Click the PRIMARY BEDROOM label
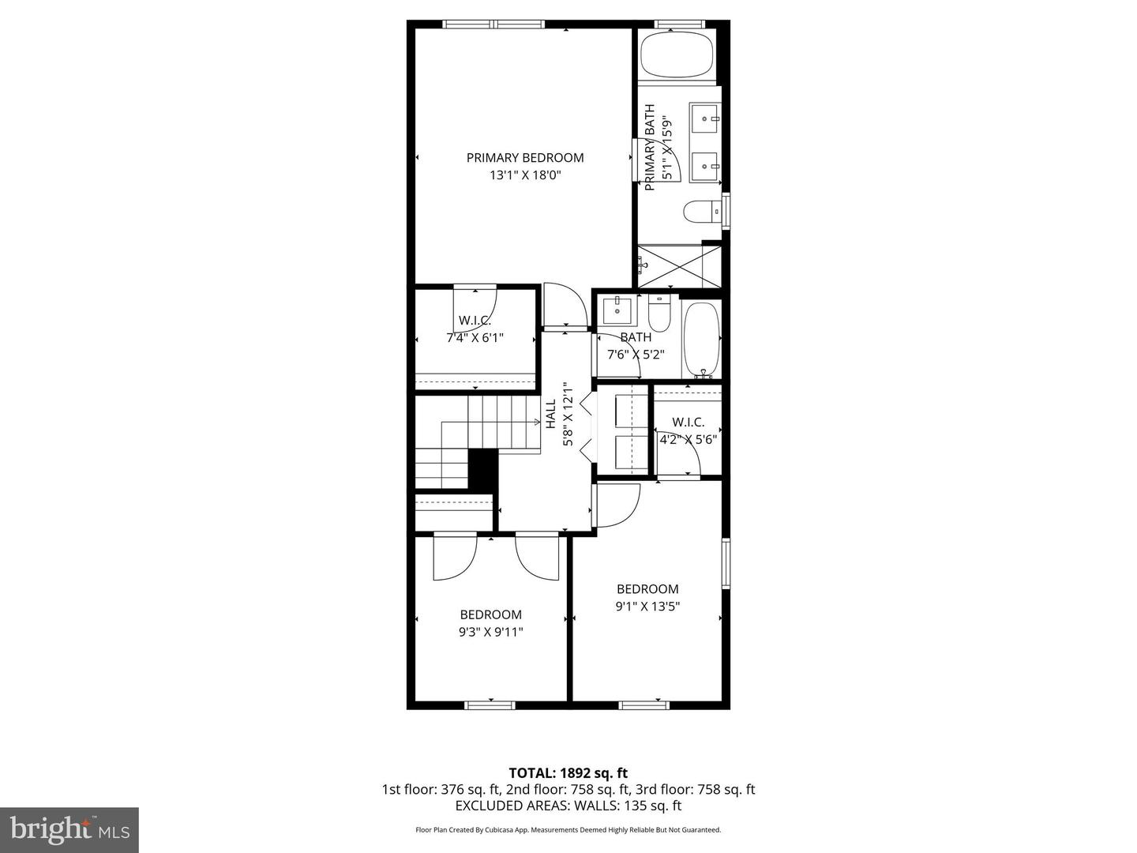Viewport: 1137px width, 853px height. [x=525, y=157]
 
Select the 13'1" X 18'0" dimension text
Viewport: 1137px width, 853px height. [x=525, y=175]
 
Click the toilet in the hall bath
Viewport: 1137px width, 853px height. [x=659, y=315]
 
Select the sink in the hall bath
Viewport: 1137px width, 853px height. [x=617, y=310]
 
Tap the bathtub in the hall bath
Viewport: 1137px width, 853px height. [x=701, y=340]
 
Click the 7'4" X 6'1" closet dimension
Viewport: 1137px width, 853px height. [x=475, y=337]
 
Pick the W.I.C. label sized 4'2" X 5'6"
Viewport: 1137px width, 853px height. [x=688, y=423]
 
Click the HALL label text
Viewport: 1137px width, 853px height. [x=550, y=414]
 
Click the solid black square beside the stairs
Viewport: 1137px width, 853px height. [x=483, y=472]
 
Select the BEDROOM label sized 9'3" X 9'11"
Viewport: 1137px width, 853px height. [x=491, y=614]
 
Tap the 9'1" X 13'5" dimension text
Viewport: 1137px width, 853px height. [x=647, y=607]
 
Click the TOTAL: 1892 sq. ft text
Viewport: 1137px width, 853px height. [x=568, y=772]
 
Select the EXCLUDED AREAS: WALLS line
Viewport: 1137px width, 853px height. [x=568, y=806]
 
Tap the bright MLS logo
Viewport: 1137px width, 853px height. [x=69, y=829]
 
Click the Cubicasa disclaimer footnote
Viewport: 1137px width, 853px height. [x=568, y=830]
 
